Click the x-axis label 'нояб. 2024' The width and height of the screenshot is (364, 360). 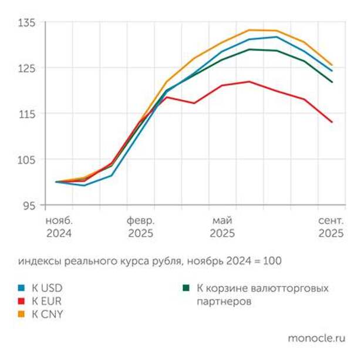[x=59, y=227]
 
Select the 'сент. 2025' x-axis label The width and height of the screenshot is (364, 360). [x=331, y=227]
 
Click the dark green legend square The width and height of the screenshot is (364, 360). [x=186, y=288]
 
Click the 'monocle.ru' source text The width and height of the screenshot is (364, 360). [x=316, y=338]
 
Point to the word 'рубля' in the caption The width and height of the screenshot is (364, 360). [x=160, y=260]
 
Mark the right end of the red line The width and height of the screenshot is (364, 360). [x=332, y=122]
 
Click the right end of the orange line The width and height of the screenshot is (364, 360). [x=332, y=65]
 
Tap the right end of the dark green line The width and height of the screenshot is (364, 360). [x=332, y=82]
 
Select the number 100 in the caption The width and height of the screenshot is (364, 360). [x=274, y=260]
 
